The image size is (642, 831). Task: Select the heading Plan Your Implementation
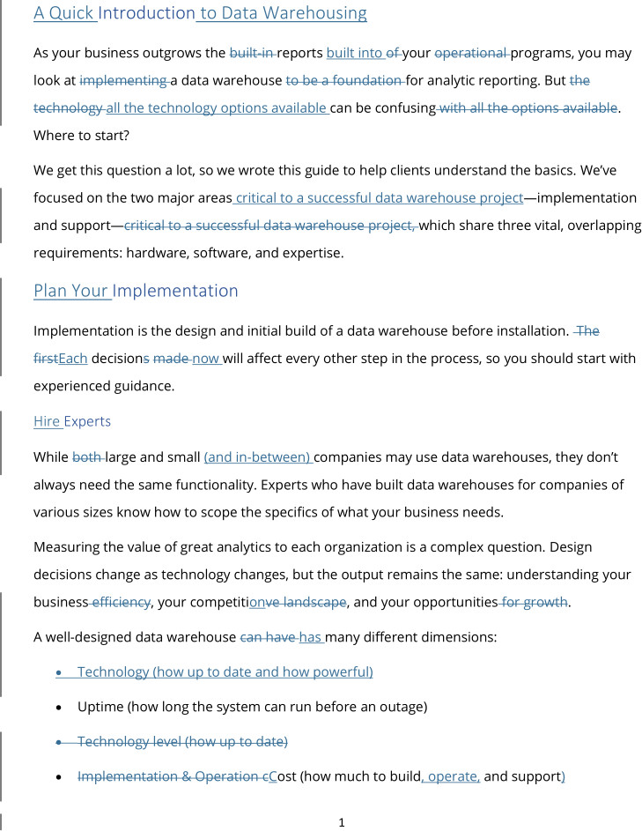tap(136, 291)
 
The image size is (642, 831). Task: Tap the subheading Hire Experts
tap(71, 421)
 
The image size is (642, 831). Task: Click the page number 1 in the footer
tap(342, 823)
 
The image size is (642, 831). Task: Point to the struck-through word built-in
tap(252, 53)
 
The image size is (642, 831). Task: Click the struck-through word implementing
tap(123, 80)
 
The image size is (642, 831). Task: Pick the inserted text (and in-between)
tap(258, 457)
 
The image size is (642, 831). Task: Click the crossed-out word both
tap(87, 457)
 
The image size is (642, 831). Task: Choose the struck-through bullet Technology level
tap(182, 741)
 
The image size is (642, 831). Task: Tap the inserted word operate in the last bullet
tap(453, 776)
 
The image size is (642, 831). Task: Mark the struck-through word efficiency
tap(122, 602)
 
